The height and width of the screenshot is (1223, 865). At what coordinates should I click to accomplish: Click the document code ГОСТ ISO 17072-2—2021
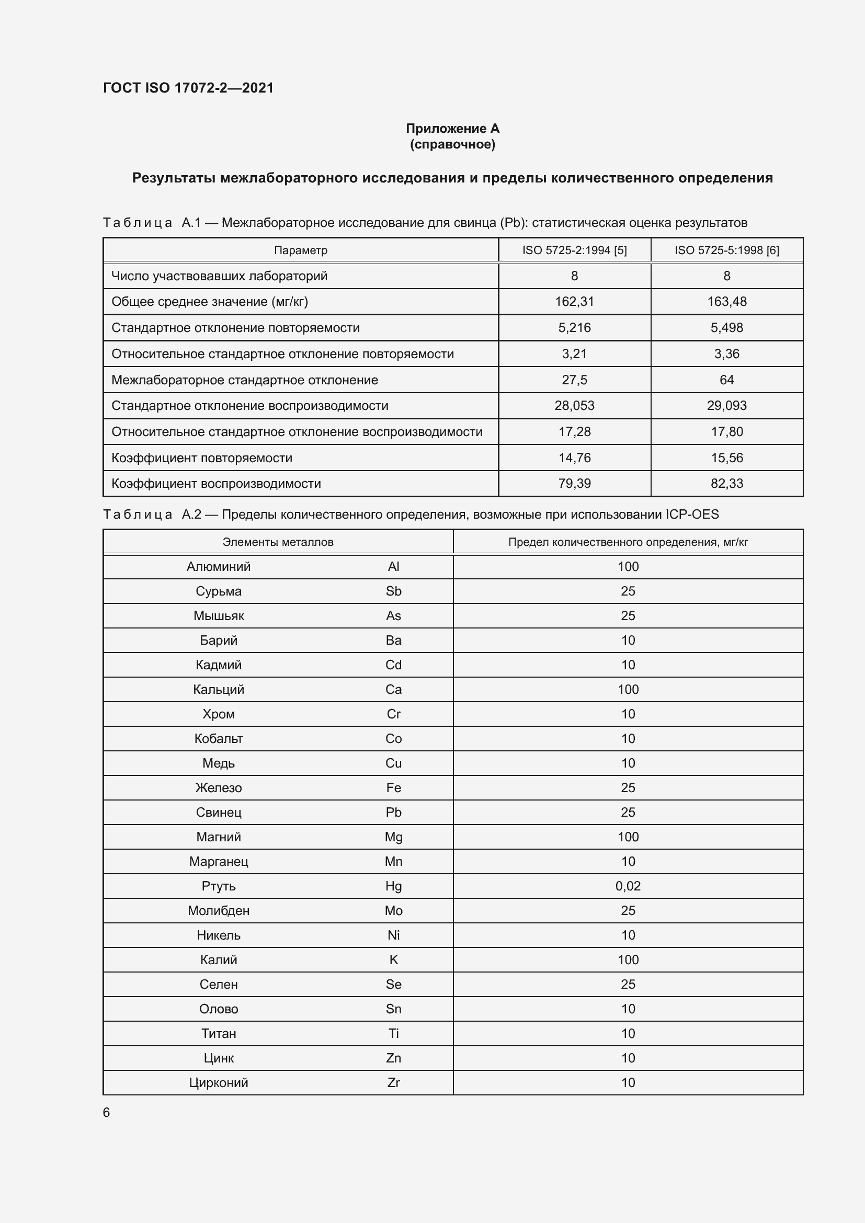[188, 88]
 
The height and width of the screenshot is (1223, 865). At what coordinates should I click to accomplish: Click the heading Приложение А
[452, 129]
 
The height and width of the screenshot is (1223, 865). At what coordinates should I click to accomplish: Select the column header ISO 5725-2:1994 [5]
[574, 250]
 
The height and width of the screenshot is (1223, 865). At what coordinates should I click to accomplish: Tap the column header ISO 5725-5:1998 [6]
[726, 250]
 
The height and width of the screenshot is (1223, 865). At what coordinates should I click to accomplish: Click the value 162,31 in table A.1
[574, 302]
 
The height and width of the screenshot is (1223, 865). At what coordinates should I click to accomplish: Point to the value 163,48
[726, 302]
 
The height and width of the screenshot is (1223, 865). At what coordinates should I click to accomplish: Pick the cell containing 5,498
[726, 328]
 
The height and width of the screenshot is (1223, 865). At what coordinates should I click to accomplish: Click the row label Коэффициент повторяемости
[202, 458]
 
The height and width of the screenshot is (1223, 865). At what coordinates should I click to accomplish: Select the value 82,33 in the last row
[726, 483]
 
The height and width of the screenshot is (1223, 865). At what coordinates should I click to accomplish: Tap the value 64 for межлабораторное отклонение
[726, 380]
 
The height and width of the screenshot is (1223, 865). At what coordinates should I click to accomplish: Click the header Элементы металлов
[278, 542]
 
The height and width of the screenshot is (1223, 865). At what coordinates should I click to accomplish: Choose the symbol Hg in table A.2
[393, 886]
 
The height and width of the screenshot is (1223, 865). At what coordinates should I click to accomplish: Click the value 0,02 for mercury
[628, 886]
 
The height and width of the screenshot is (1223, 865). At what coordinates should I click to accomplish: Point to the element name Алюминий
[219, 567]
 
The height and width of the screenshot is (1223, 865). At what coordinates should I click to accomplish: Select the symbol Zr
[393, 1082]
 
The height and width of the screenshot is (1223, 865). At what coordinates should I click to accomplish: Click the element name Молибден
[219, 910]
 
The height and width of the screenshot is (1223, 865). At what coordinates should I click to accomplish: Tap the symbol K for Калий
[393, 959]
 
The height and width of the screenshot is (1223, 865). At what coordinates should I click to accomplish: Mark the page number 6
[107, 1112]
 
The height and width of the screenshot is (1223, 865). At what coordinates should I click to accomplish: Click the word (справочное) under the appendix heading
[452, 144]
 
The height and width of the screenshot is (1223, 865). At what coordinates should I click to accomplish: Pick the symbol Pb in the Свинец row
[393, 813]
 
